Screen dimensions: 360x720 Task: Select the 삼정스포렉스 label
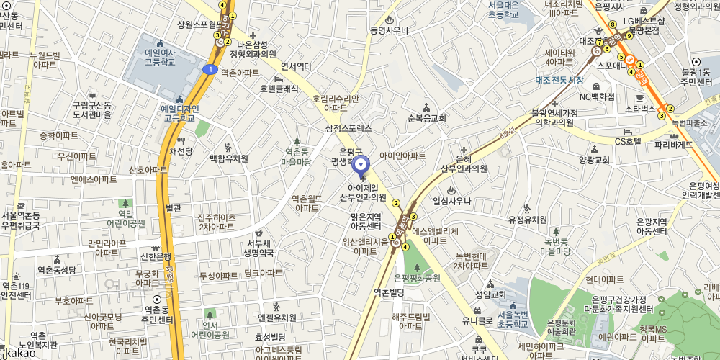pos(348,128)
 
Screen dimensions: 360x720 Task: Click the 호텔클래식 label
pos(279,88)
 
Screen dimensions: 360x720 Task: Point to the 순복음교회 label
pos(427,118)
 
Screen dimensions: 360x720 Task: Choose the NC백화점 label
pos(597,96)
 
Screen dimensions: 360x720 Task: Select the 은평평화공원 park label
pos(418,277)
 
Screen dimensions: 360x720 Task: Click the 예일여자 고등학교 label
pos(163,58)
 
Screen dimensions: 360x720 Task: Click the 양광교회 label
pos(594,160)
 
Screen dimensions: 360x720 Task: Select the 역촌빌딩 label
pos(388,292)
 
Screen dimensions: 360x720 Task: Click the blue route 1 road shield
pos(210,69)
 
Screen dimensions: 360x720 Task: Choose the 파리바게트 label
pos(674,144)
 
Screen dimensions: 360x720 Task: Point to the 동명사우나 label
pos(389,30)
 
